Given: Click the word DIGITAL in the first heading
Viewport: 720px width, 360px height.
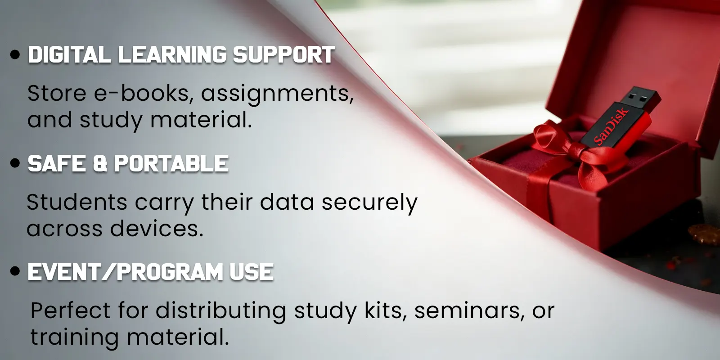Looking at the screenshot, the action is coord(69,54).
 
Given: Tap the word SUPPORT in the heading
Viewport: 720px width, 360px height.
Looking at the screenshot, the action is coord(284,54).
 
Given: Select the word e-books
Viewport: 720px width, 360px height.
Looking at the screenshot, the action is coord(144,94).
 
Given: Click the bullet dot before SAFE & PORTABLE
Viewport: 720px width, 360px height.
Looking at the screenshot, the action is coord(15,163).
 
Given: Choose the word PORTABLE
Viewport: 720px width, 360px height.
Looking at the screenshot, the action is coord(171,164).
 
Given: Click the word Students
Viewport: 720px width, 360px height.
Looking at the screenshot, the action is coord(77,202).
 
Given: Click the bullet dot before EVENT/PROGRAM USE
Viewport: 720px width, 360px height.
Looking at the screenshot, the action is coord(15,272).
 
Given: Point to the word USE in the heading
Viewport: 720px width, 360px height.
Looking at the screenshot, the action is coord(252,272).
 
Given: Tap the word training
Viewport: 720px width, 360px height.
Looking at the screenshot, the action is coord(75,338).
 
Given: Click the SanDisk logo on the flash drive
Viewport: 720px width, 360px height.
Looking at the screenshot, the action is coord(611,126).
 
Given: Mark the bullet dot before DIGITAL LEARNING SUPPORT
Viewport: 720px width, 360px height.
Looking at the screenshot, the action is coord(15,54).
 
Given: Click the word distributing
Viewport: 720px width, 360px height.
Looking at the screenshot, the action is coord(221,311).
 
